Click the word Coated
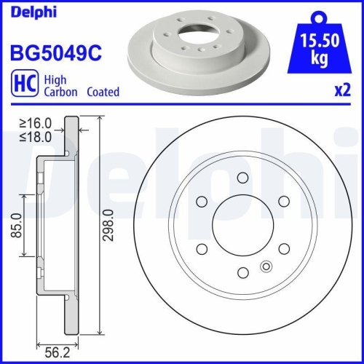[103, 92]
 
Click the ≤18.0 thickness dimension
[37, 137]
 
